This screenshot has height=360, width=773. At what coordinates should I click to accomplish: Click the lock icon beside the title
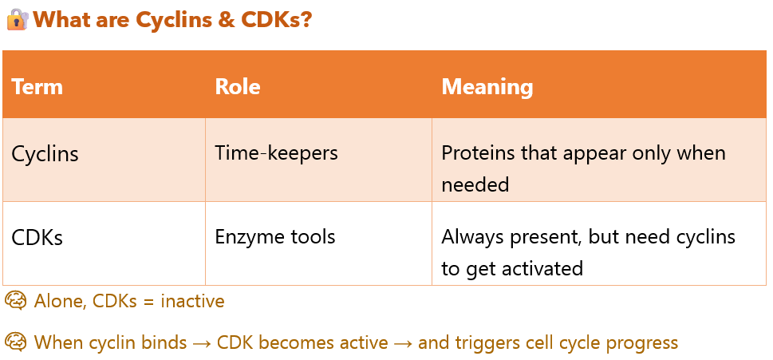(17, 19)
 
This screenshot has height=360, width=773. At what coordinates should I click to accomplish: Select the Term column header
(37, 86)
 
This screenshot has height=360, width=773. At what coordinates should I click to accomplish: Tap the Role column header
(238, 86)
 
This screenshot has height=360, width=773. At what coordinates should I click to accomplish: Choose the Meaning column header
(487, 86)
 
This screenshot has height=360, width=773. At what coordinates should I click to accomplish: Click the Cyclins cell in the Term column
(45, 153)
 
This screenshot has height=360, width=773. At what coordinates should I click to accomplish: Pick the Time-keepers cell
(276, 152)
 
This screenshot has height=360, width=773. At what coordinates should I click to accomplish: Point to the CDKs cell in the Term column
(37, 237)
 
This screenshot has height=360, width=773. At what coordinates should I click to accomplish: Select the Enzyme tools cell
(275, 236)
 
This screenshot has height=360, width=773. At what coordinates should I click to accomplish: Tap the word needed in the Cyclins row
(475, 184)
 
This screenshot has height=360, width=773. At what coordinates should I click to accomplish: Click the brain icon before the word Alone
(15, 301)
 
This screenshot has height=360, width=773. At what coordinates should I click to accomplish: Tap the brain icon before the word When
(15, 342)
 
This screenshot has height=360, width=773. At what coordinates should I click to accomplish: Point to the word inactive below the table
(192, 301)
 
